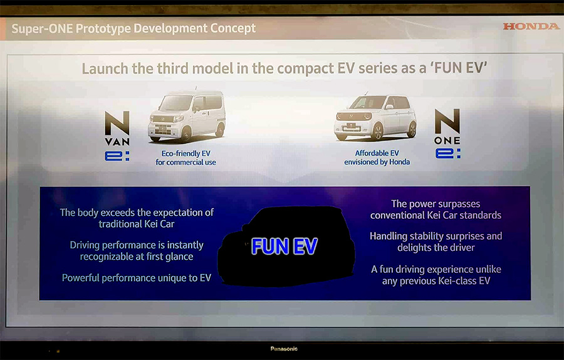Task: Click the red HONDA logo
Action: click(x=531, y=26)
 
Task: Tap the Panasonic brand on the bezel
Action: click(x=284, y=349)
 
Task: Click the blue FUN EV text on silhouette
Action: click(x=284, y=246)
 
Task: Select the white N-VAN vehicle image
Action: click(x=187, y=116)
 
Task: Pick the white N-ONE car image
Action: click(x=375, y=117)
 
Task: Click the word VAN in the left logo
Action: click(x=117, y=142)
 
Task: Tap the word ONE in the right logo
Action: click(x=447, y=140)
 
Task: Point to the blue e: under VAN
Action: click(x=117, y=156)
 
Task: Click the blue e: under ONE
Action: click(x=448, y=154)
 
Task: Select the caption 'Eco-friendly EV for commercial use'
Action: click(x=185, y=157)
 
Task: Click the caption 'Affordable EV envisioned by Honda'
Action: click(x=377, y=157)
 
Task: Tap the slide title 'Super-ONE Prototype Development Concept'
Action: click(x=133, y=28)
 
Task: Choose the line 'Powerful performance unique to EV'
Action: click(x=137, y=278)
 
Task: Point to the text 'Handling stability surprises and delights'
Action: click(x=436, y=241)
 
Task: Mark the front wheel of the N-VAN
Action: click(x=185, y=135)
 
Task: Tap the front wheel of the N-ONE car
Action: click(x=377, y=131)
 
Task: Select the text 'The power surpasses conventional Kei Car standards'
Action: click(x=436, y=209)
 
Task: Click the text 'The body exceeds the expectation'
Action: click(x=137, y=213)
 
